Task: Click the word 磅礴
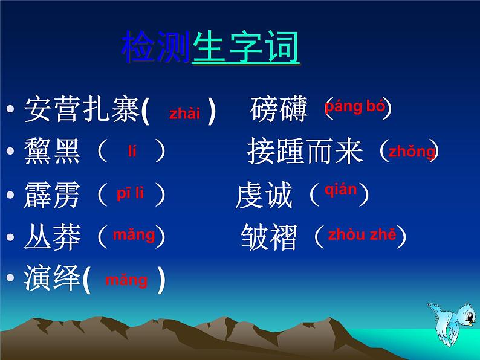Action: click(279, 110)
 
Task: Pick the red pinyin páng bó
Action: click(354, 108)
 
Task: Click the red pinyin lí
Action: click(132, 152)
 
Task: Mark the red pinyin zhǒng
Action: click(411, 152)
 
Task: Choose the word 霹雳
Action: click(52, 196)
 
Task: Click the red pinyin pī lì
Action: click(130, 194)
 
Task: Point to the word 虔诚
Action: click(264, 196)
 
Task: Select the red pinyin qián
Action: click(340, 190)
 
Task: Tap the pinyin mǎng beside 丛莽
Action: click(134, 235)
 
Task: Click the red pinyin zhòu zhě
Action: click(362, 235)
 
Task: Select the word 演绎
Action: click(52, 279)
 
